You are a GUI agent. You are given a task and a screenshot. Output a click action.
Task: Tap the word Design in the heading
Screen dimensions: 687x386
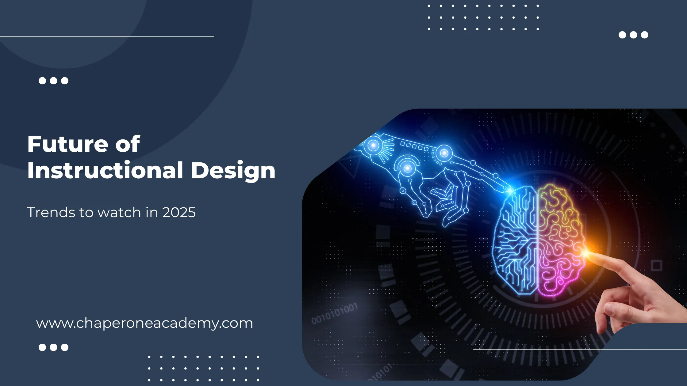point(233,171)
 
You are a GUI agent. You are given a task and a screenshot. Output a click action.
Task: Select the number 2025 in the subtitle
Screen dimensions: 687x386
point(179,212)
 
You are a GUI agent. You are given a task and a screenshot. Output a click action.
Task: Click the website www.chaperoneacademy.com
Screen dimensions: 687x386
point(144,324)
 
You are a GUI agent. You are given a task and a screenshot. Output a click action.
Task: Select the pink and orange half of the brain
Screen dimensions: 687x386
point(561,240)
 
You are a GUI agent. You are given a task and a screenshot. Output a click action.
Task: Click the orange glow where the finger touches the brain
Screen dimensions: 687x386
point(587,252)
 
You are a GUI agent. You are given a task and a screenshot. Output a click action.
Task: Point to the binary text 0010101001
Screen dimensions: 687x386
point(335,313)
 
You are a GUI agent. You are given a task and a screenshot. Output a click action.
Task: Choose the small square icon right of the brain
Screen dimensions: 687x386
point(657,266)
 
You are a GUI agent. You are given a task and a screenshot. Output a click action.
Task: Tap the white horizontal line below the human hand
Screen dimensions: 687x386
point(580,349)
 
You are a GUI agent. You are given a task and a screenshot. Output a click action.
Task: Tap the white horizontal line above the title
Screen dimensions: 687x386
point(107,37)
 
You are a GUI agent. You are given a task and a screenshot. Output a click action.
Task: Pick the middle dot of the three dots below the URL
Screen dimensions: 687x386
point(54,347)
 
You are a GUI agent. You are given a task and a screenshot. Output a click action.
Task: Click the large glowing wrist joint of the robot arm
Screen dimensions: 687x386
point(374,146)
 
